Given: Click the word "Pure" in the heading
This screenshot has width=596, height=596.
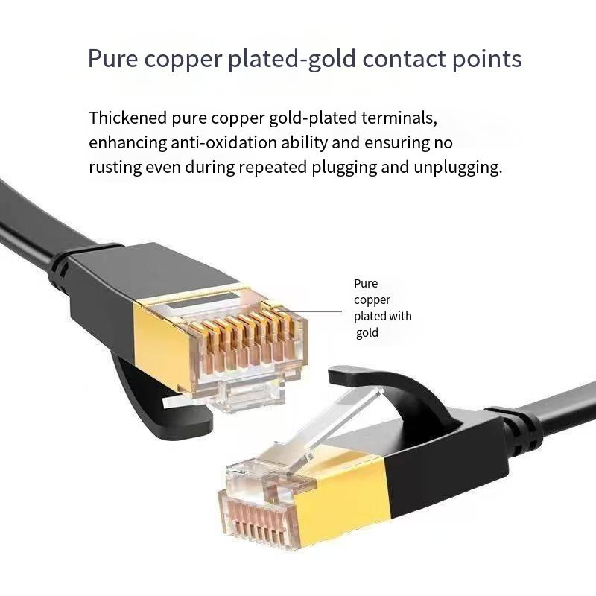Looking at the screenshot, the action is coord(112,59).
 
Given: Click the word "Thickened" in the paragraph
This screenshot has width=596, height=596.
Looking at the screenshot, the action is coord(127,118).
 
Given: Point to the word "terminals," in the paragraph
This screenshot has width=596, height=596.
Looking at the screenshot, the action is coord(399,118).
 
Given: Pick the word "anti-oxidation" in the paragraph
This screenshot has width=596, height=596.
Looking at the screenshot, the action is coord(223,142).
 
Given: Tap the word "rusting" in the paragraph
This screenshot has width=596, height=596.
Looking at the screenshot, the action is coord(115,168).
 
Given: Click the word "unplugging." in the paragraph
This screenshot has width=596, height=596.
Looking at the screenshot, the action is coord(457,168).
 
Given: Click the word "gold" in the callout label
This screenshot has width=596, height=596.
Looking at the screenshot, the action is coord(367,333).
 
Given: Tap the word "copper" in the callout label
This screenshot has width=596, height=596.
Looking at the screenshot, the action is coord(372,300).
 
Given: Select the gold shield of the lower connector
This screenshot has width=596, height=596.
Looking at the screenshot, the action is coord(342,494).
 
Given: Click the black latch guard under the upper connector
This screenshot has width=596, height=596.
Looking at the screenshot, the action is coord(167,407).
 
